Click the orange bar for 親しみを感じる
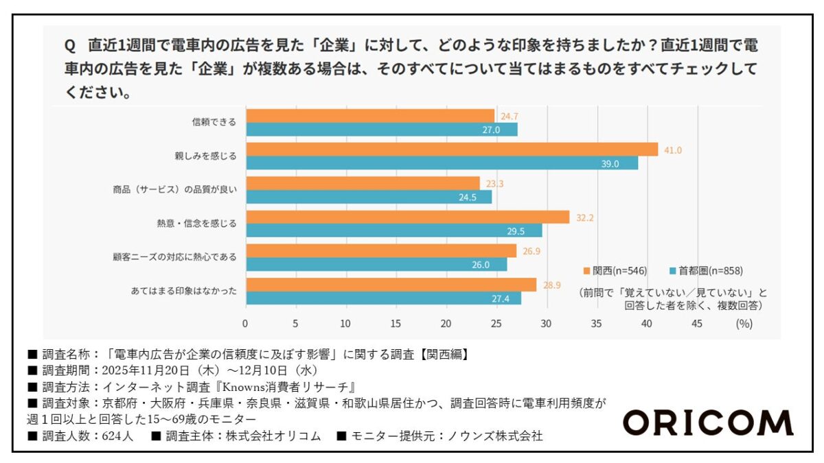point(451,150)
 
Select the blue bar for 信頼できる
point(381,130)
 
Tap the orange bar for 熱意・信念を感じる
point(407,217)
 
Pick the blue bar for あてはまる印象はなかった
point(383,298)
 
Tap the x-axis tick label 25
point(496,324)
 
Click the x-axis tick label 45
point(697,324)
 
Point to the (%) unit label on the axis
point(744,324)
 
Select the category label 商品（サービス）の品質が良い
point(174,190)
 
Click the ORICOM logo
point(707,423)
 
